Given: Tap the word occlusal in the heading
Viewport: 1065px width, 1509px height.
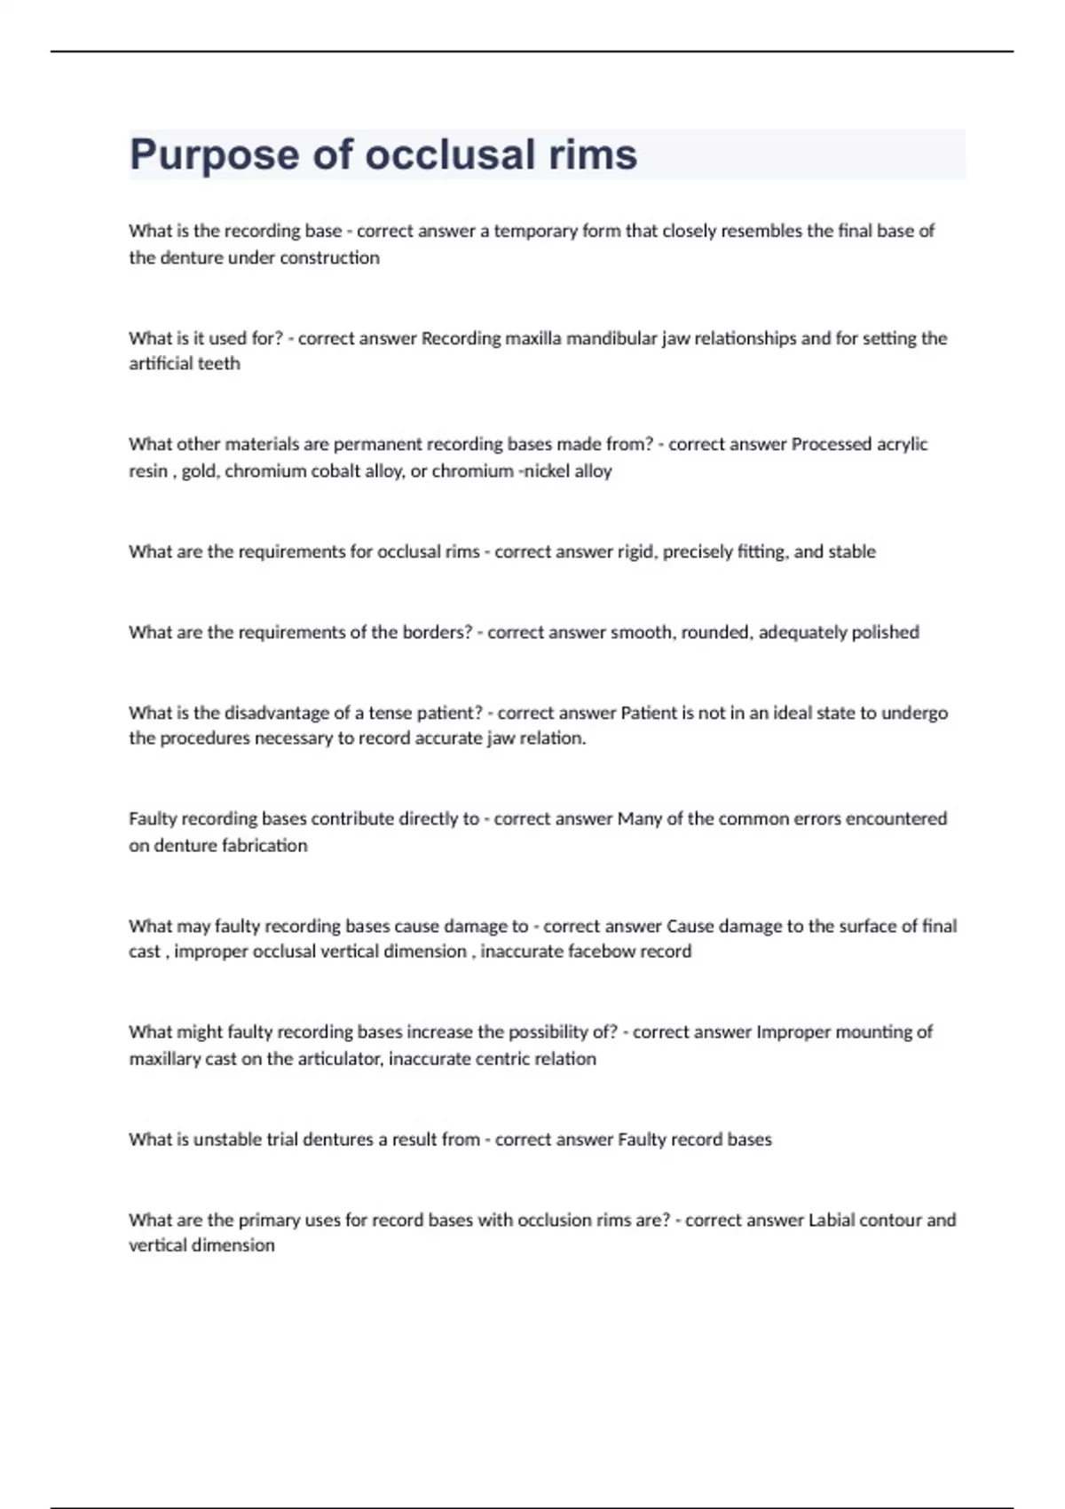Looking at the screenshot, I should (450, 154).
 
